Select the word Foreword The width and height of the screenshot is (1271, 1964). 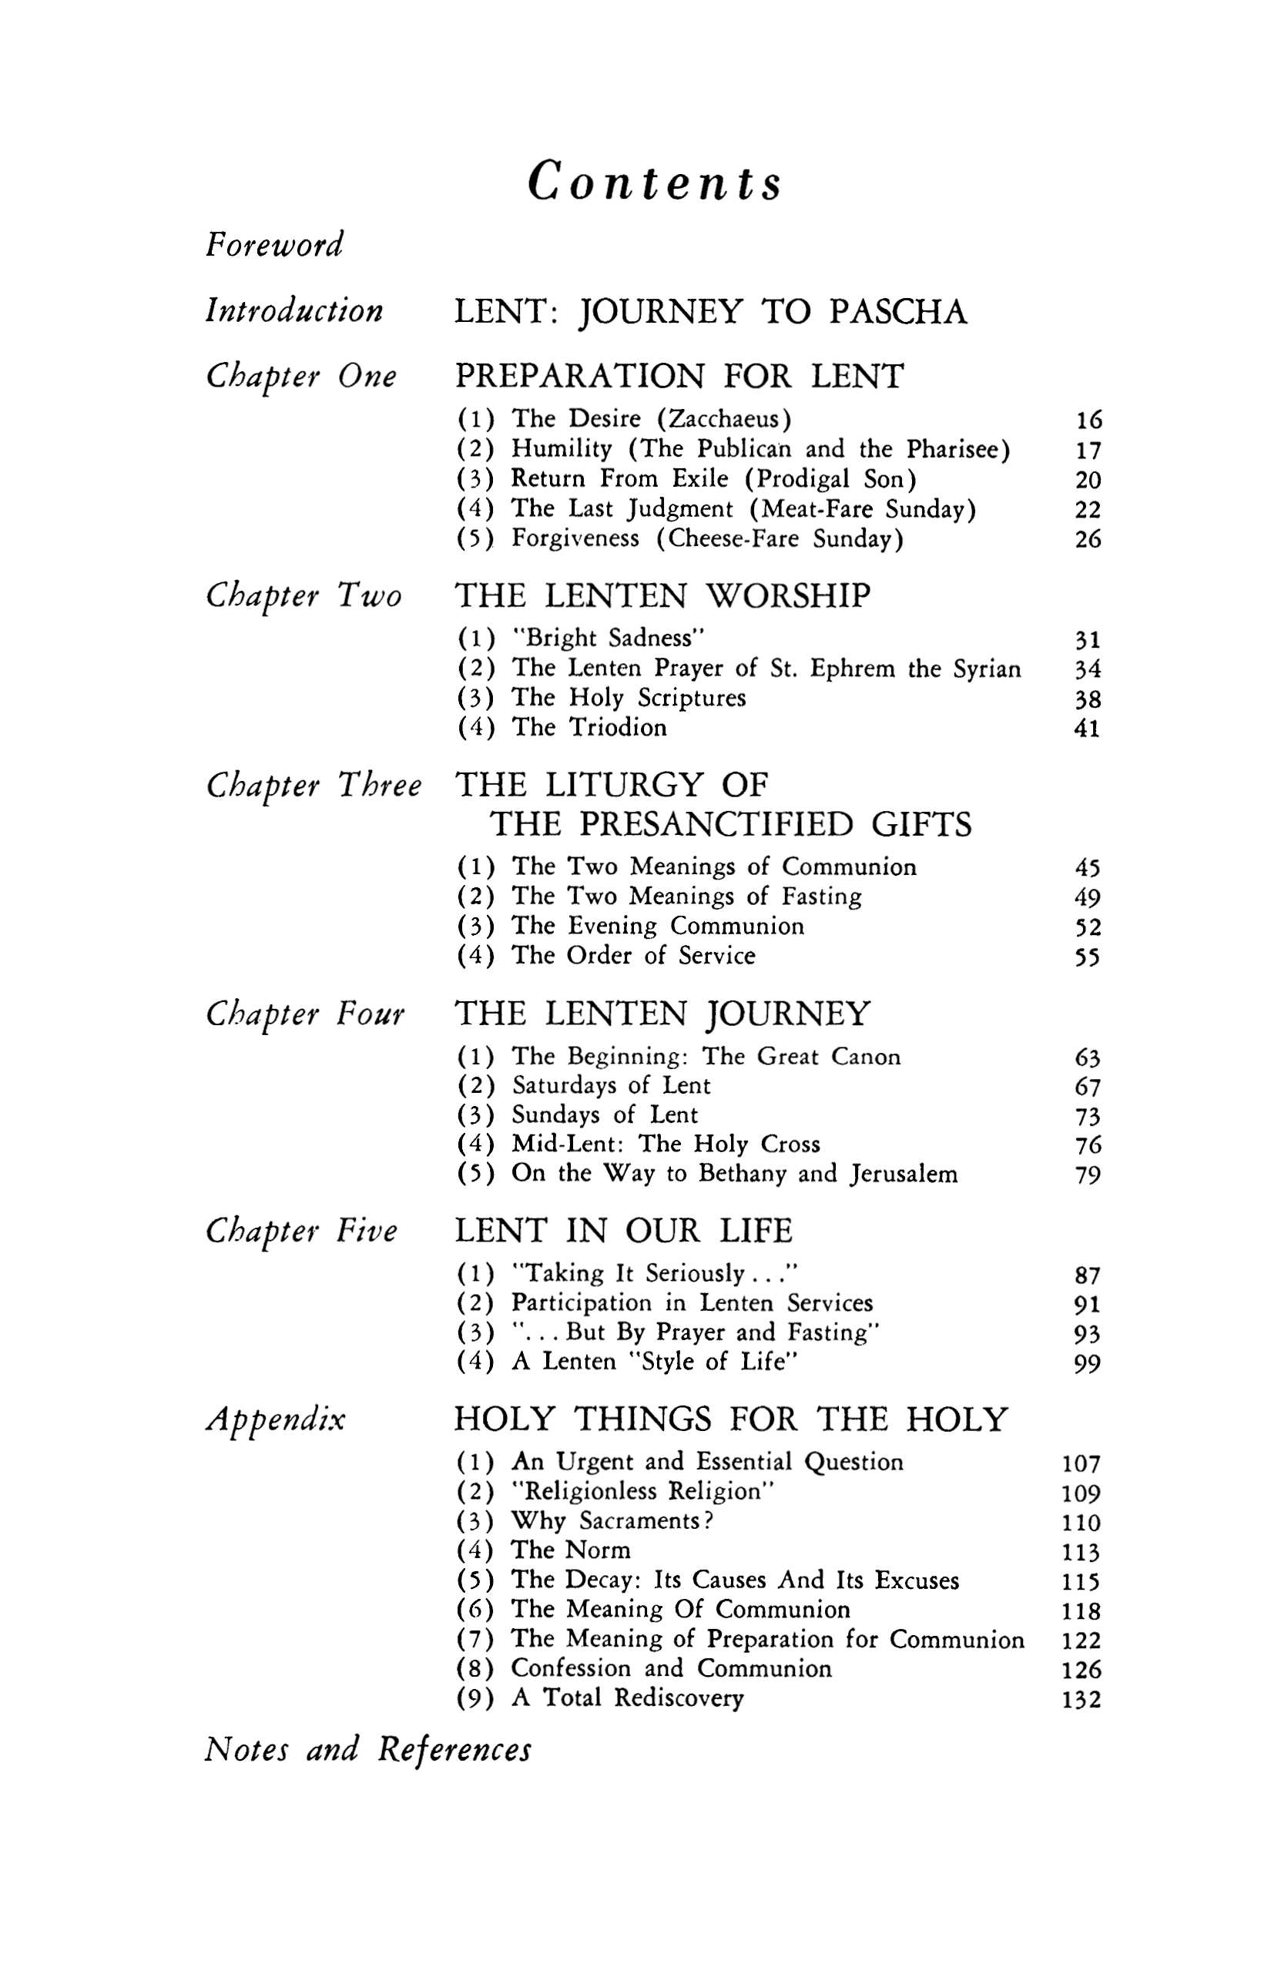[x=274, y=244]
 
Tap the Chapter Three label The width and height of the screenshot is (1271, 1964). [x=314, y=786]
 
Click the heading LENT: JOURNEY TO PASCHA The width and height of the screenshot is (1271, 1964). [x=710, y=313]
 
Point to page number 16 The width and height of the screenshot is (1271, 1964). [x=1088, y=421]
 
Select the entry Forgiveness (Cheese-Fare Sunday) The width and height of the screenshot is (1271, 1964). [x=706, y=539]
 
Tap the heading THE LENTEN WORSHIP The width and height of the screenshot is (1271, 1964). [x=662, y=596]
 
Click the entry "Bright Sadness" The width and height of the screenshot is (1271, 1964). [x=609, y=638]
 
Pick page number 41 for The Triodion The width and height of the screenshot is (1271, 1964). [x=1088, y=729]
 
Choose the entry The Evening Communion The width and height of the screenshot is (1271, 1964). [x=657, y=926]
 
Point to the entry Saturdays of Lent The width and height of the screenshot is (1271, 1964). [x=611, y=1085]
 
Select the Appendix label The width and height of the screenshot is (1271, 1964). [x=275, y=1420]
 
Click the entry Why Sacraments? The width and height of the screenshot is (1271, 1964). [x=612, y=1520]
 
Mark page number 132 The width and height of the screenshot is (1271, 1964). [x=1082, y=1699]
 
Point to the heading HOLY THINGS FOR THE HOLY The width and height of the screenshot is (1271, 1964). [x=730, y=1419]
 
